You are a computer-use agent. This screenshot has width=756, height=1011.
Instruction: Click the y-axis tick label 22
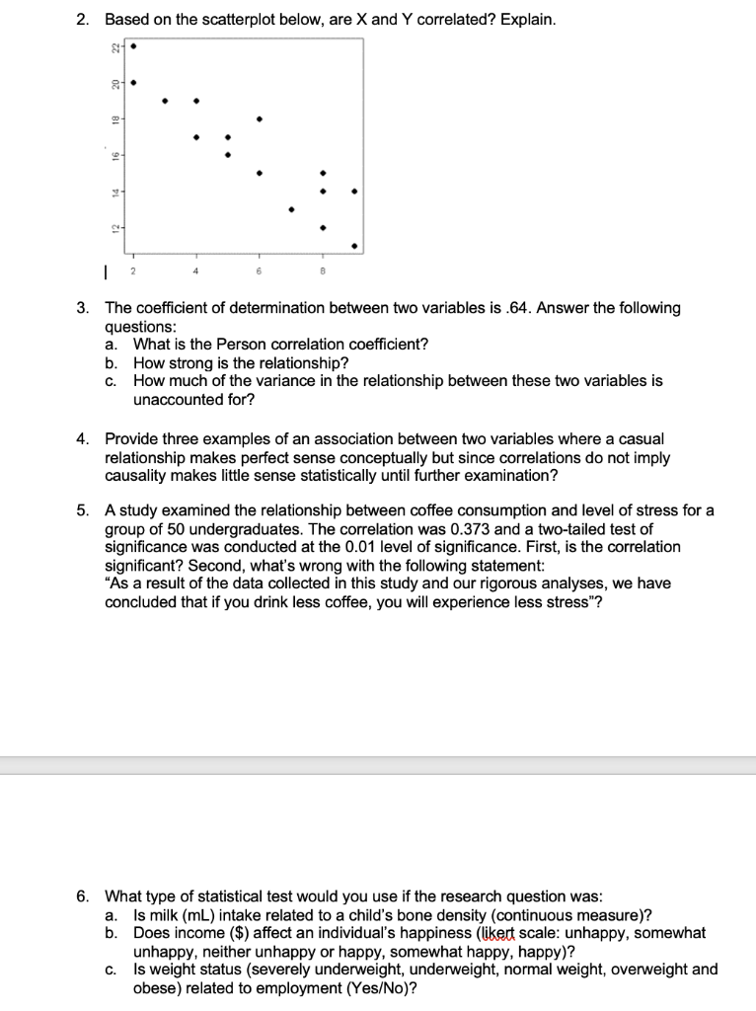[114, 46]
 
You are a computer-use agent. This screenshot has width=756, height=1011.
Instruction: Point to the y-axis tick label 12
[114, 229]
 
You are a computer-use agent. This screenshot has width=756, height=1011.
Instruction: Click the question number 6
[84, 896]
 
